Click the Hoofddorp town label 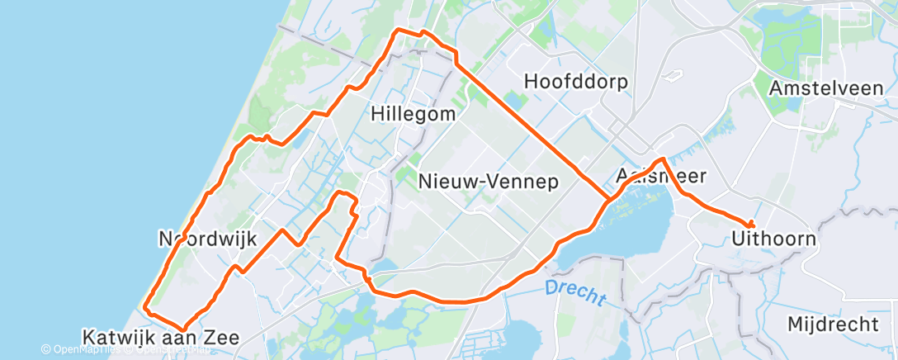[x=576, y=82]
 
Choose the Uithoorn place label [x=773, y=239]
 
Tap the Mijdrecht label [x=833, y=324]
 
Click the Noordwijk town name [x=207, y=239]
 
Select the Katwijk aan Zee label [x=161, y=337]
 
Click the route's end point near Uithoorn [x=751, y=225]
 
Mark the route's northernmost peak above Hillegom [x=399, y=30]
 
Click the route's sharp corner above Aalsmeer [x=662, y=159]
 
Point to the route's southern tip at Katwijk [x=182, y=328]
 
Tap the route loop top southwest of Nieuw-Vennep [x=341, y=194]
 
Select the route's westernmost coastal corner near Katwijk [x=145, y=307]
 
